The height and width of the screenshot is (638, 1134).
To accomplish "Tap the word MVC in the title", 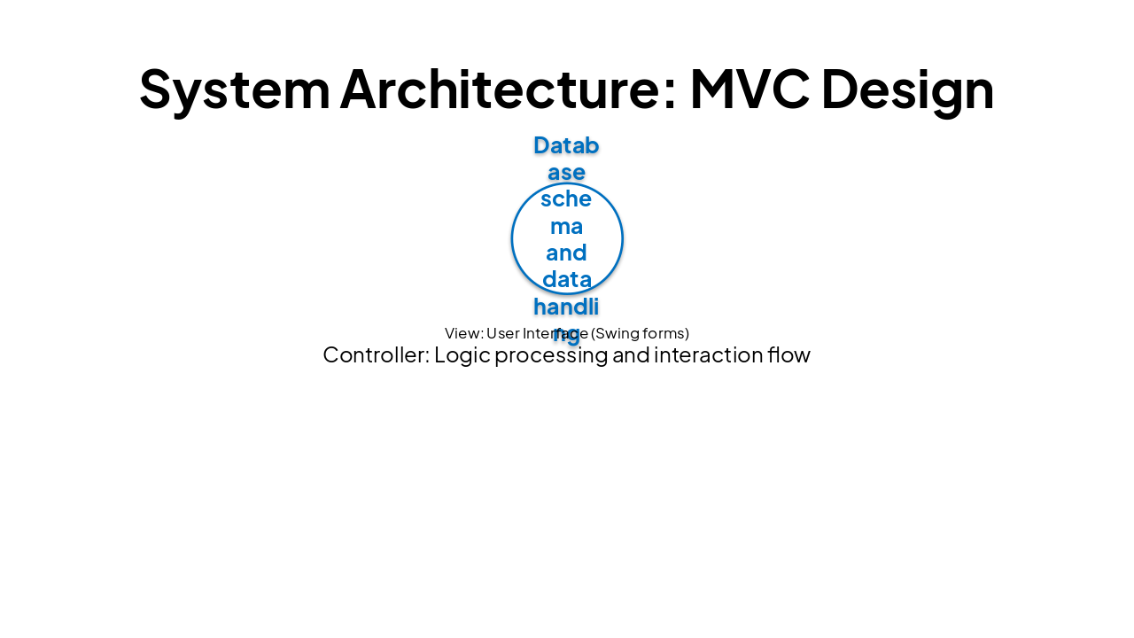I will pos(749,89).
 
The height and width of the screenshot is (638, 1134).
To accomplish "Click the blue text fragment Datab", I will pos(566,145).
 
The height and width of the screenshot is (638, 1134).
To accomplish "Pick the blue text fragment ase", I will pos(566,172).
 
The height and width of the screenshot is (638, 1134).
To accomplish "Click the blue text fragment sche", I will pos(566,198).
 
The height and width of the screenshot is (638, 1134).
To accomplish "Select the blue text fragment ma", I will pos(566,226).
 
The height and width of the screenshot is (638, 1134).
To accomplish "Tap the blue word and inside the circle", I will pos(566,253).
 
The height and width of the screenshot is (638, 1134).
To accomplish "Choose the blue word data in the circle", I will pos(566,279).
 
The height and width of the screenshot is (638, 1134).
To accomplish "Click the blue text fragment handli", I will pos(566,307).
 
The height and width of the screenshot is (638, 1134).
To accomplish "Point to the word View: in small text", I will pos(463,333).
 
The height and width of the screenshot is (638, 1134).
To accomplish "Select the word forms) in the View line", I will pos(666,333).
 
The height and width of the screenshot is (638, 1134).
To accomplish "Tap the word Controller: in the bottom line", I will pos(376,355).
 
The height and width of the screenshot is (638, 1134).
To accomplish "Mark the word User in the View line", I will pos(503,333).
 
